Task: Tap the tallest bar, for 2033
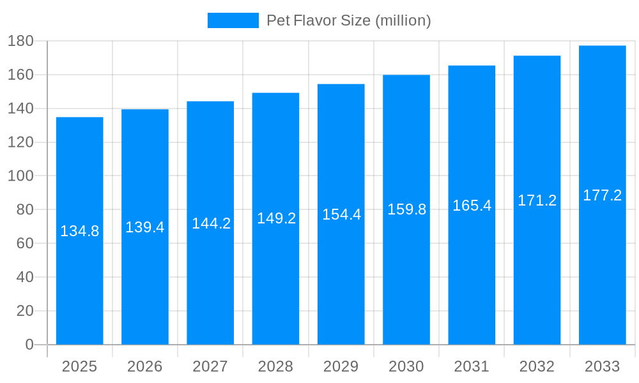point(603,268)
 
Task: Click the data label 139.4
point(145,227)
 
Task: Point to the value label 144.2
point(211,223)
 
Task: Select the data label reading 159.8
point(406,209)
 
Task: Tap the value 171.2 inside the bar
point(537,200)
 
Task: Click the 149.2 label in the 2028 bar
point(276,218)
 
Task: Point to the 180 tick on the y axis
point(20,41)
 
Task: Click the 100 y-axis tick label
point(20,176)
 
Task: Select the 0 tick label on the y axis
point(29,345)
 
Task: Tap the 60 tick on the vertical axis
point(24,243)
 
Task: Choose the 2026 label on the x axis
point(145,366)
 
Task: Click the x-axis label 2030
point(406,366)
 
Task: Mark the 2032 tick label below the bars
point(537,366)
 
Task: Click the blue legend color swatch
point(233,20)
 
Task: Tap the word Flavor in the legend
point(313,20)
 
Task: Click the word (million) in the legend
point(403,20)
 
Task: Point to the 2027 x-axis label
point(210,366)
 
